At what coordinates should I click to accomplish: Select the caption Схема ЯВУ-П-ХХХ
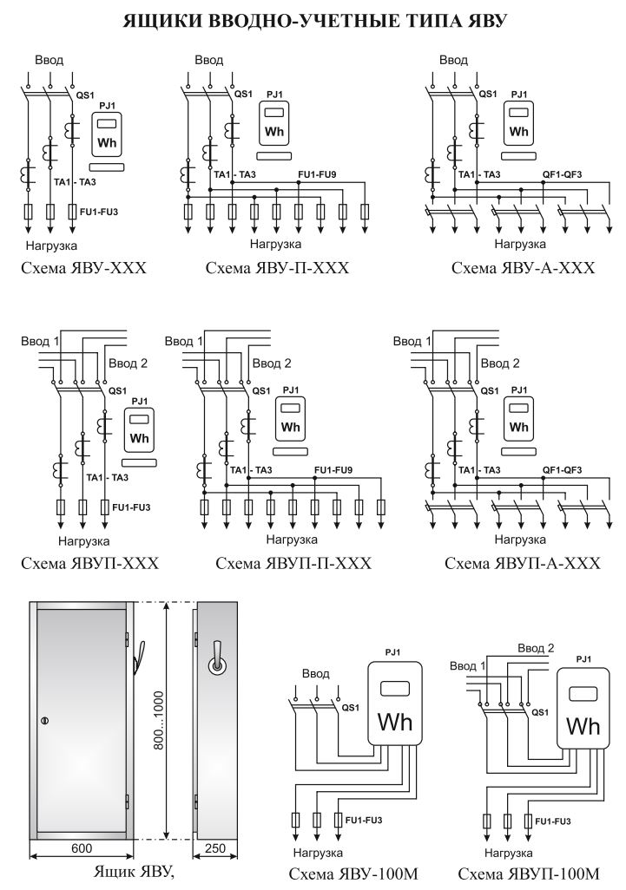pyautogui.click(x=277, y=268)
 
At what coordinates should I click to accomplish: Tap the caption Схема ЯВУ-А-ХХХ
pyautogui.click(x=524, y=268)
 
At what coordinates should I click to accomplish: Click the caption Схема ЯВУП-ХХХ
pyautogui.click(x=91, y=563)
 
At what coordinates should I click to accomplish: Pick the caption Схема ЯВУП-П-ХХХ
pyautogui.click(x=293, y=563)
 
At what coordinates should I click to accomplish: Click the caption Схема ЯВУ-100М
pyautogui.click(x=354, y=874)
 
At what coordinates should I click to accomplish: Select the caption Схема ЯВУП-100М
pyautogui.click(x=529, y=874)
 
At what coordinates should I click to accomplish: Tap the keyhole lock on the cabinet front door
pyautogui.click(x=45, y=721)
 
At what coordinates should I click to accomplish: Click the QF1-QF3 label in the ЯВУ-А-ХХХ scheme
pyautogui.click(x=562, y=174)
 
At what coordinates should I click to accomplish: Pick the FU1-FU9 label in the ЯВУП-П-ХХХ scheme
pyautogui.click(x=334, y=469)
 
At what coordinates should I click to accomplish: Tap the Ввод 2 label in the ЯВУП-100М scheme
pyautogui.click(x=536, y=648)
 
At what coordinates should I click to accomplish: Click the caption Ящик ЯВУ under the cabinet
pyautogui.click(x=134, y=872)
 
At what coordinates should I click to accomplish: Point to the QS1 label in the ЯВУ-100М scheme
pyautogui.click(x=352, y=708)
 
